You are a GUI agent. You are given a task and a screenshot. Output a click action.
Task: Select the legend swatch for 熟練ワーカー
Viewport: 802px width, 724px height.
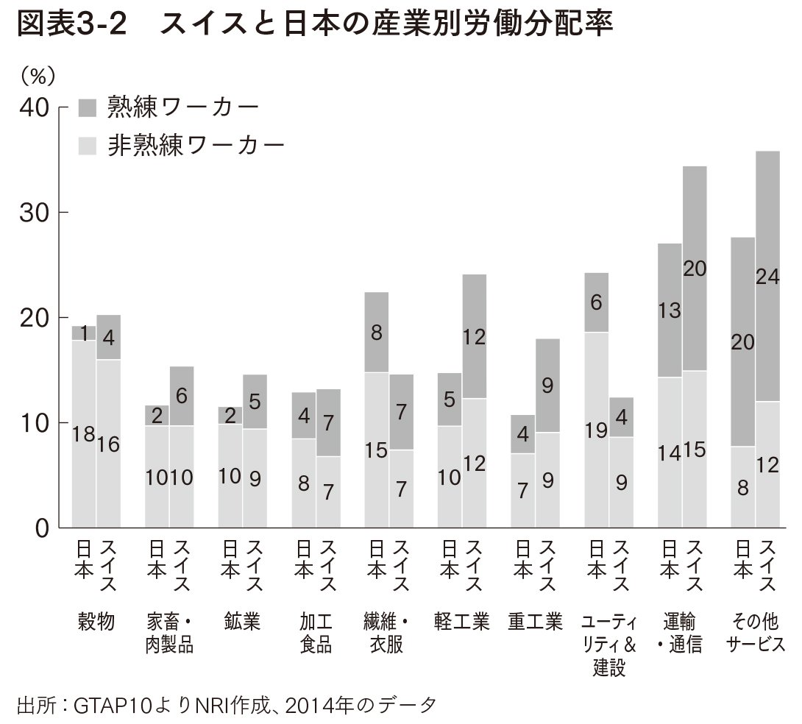(87, 107)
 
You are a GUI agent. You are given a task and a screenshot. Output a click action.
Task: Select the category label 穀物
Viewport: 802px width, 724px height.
(96, 622)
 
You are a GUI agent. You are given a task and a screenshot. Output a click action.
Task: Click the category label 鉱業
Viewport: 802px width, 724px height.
(242, 622)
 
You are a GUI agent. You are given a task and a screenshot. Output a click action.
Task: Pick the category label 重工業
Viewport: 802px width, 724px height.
(535, 622)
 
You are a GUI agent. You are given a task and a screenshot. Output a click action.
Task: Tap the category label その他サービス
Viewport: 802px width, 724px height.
(755, 633)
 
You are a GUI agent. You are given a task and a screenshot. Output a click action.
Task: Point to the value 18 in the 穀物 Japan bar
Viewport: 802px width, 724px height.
(82, 434)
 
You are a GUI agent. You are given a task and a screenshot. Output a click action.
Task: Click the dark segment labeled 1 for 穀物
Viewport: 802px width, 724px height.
(84, 333)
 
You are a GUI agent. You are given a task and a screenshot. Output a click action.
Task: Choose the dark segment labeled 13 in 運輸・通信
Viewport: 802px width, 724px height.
(669, 311)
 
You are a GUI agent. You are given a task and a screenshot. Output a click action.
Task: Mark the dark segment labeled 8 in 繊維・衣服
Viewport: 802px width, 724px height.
(377, 333)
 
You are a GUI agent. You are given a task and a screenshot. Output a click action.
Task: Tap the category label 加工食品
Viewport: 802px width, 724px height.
(316, 633)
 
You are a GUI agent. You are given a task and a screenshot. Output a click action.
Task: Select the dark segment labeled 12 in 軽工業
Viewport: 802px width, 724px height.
(474, 337)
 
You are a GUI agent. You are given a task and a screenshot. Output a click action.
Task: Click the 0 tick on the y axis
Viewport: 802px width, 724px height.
(40, 528)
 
